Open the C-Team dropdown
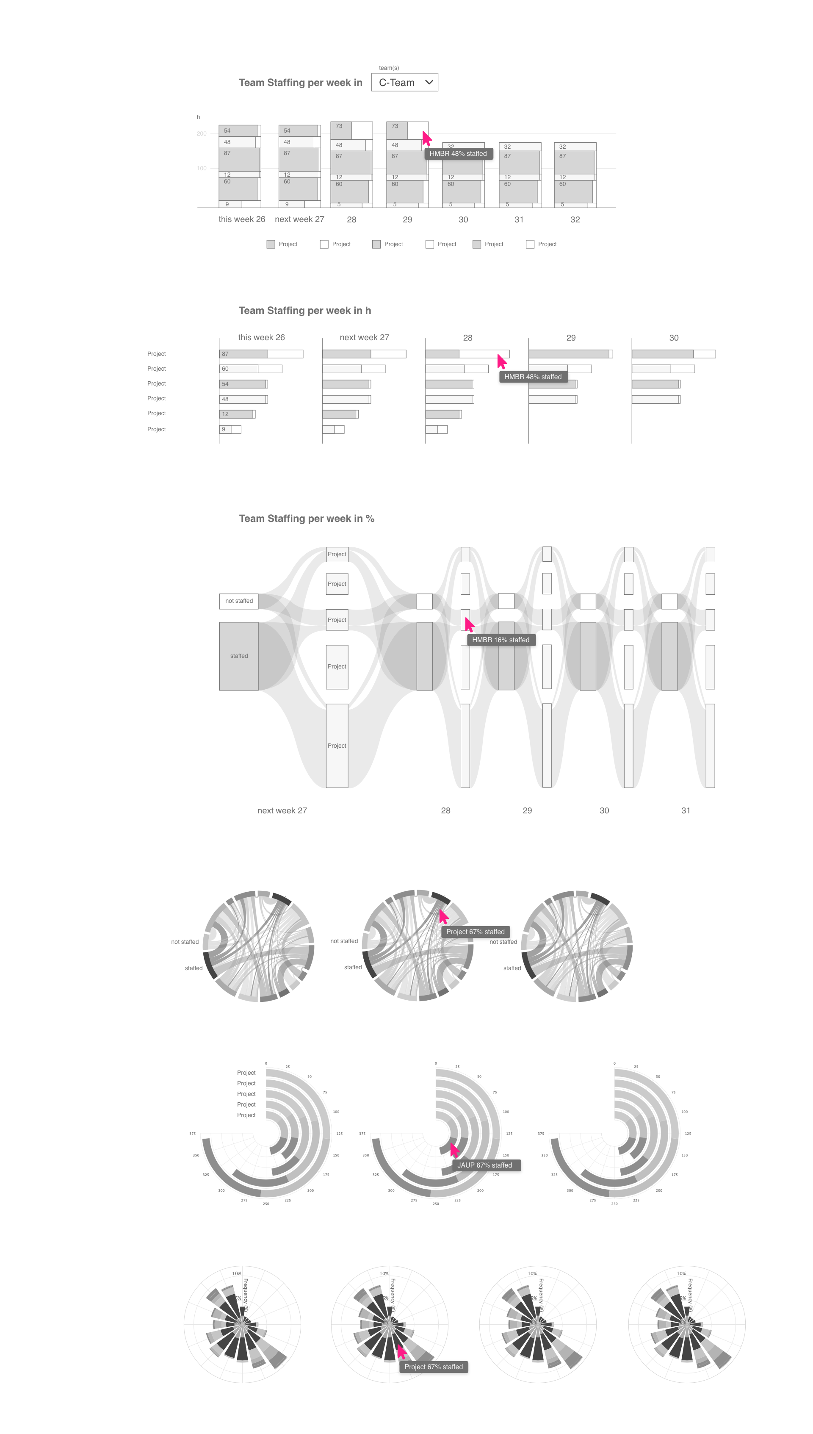[404, 83]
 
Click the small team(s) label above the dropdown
[389, 68]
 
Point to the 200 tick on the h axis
[202, 133]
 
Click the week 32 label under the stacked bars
[575, 219]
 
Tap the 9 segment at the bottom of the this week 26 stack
[230, 204]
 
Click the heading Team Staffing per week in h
[304, 311]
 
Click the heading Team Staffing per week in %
[307, 519]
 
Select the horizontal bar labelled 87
[243, 354]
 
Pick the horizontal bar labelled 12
[236, 414]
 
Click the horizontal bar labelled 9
[225, 430]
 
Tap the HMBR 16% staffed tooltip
[501, 640]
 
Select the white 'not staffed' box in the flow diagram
[239, 601]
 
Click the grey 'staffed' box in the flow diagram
[239, 656]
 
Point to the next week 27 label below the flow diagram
[282, 810]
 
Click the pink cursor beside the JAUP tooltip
[454, 1150]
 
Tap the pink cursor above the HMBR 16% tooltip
[469, 624]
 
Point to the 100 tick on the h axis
[202, 168]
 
